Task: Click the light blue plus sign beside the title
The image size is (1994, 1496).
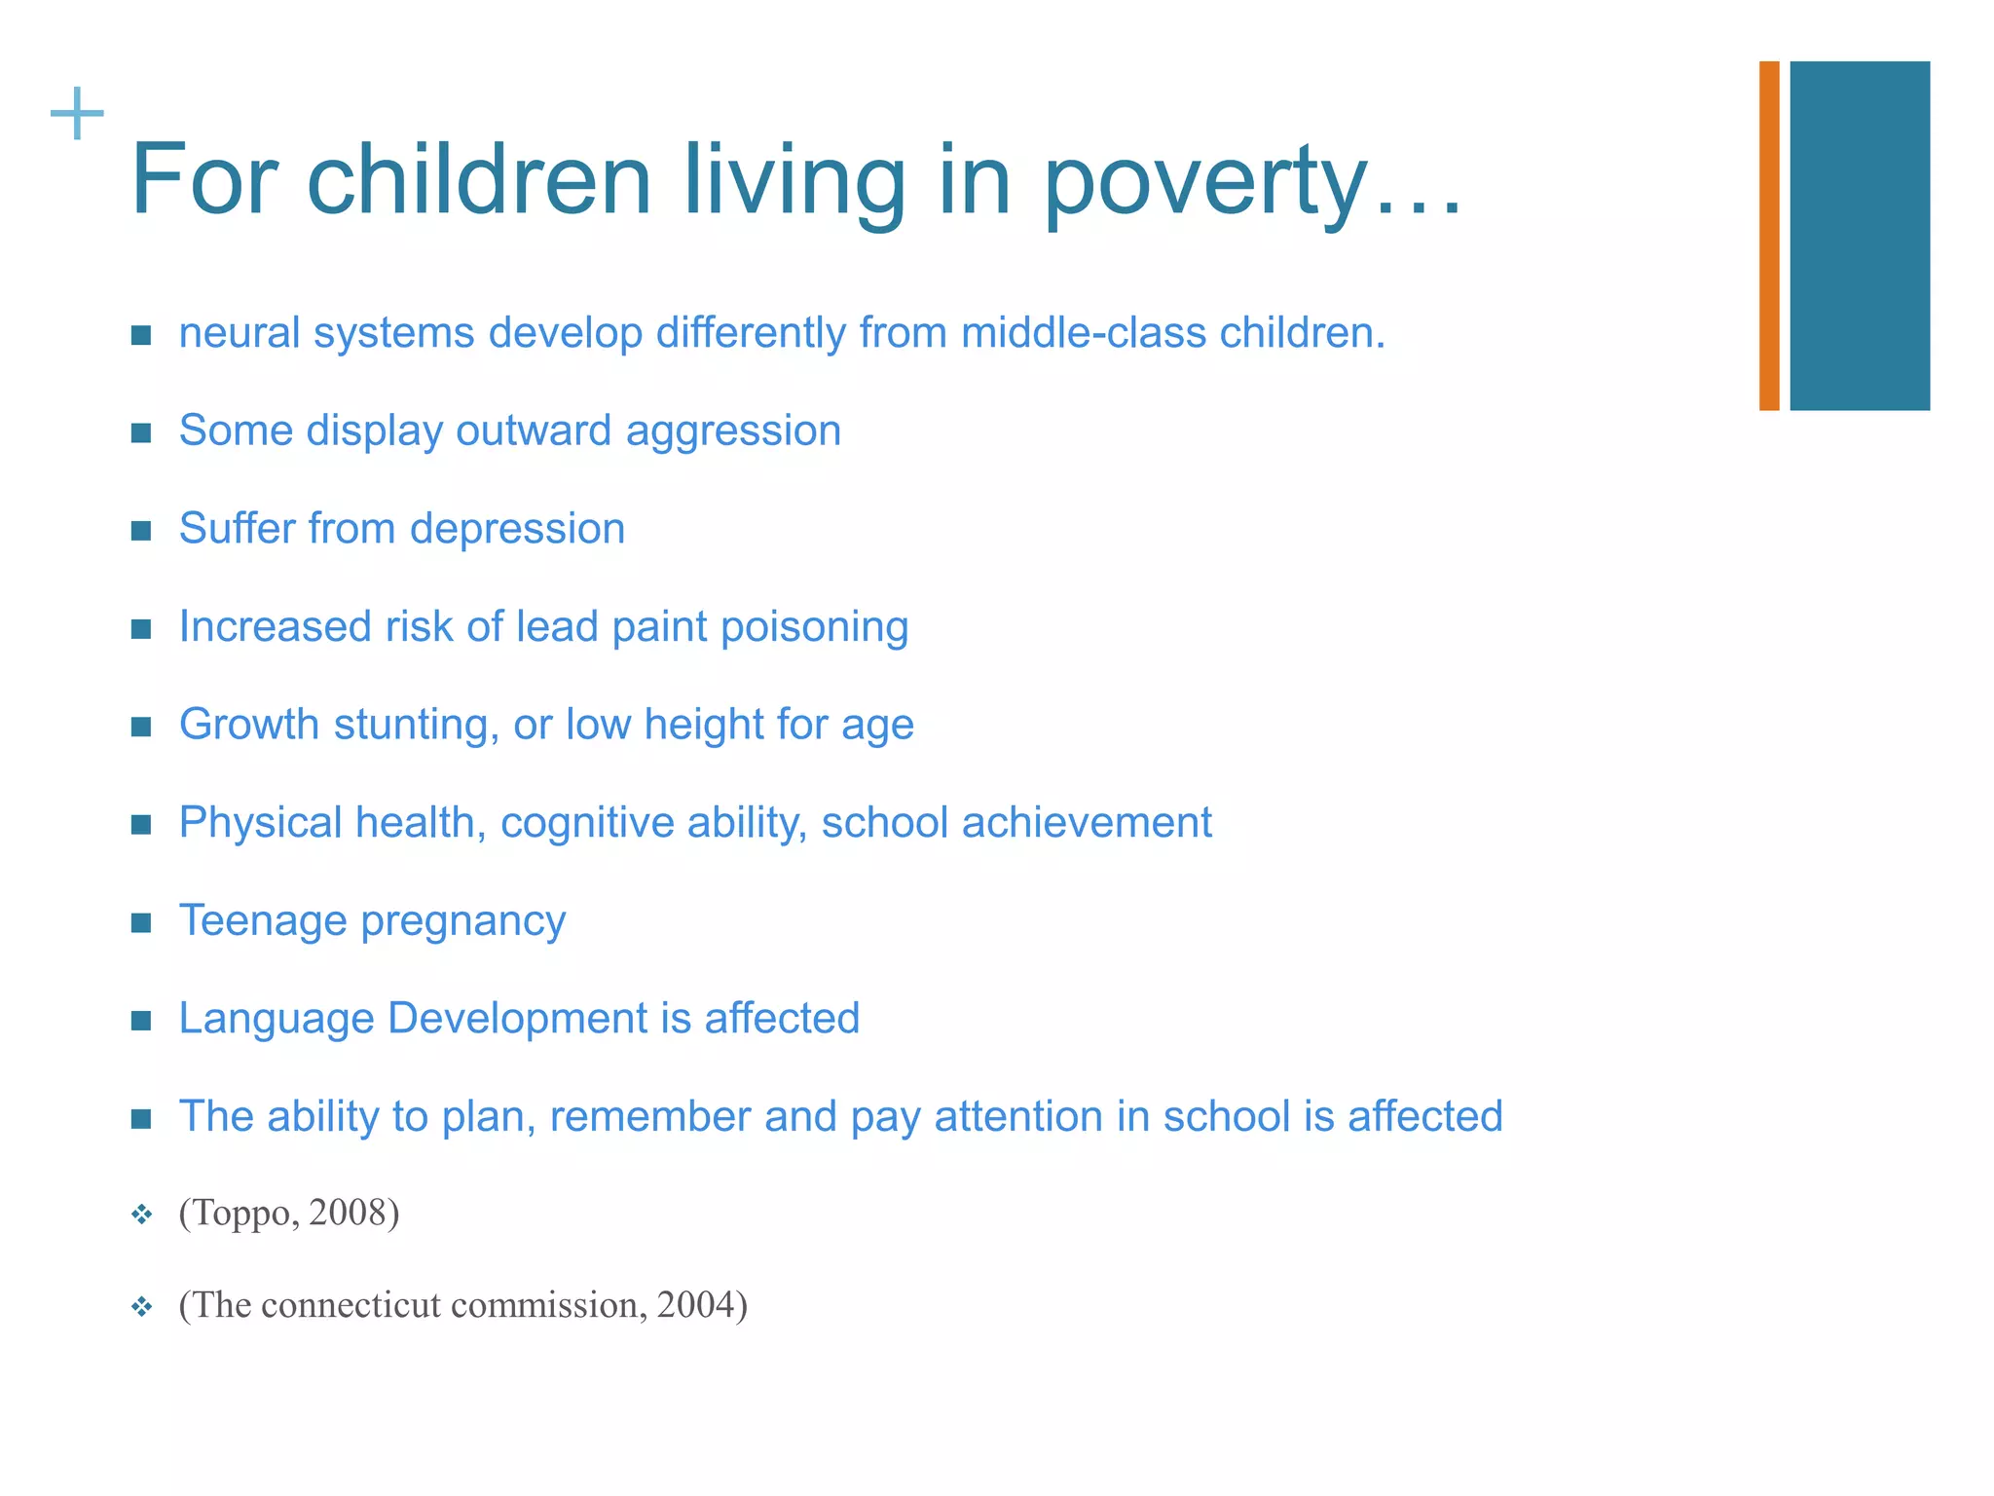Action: pyautogui.click(x=77, y=114)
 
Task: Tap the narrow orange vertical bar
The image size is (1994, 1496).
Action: pyautogui.click(x=1769, y=236)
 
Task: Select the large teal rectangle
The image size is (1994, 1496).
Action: pyautogui.click(x=1859, y=236)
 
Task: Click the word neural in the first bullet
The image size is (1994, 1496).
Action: pyautogui.click(x=240, y=334)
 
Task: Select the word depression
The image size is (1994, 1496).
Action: pyautogui.click(x=517, y=530)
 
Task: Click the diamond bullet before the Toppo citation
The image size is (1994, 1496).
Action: pyautogui.click(x=142, y=1215)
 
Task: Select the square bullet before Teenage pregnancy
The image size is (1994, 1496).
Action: pyautogui.click(x=141, y=922)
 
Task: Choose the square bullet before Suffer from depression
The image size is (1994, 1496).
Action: pyautogui.click(x=141, y=531)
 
